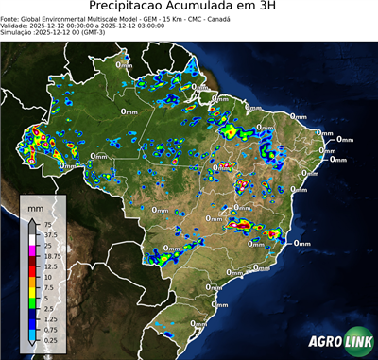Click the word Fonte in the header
tap(9, 18)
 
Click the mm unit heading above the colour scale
tap(35, 206)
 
